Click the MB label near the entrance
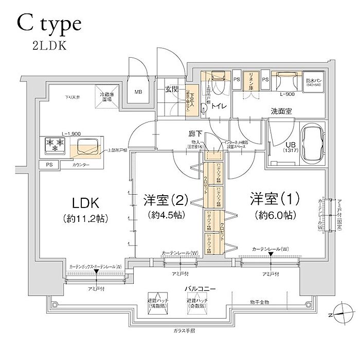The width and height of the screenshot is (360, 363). pyautogui.click(x=138, y=93)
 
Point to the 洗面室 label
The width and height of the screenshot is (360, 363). pyautogui.click(x=283, y=111)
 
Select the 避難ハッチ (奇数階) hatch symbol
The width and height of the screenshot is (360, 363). pyautogui.click(x=197, y=303)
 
